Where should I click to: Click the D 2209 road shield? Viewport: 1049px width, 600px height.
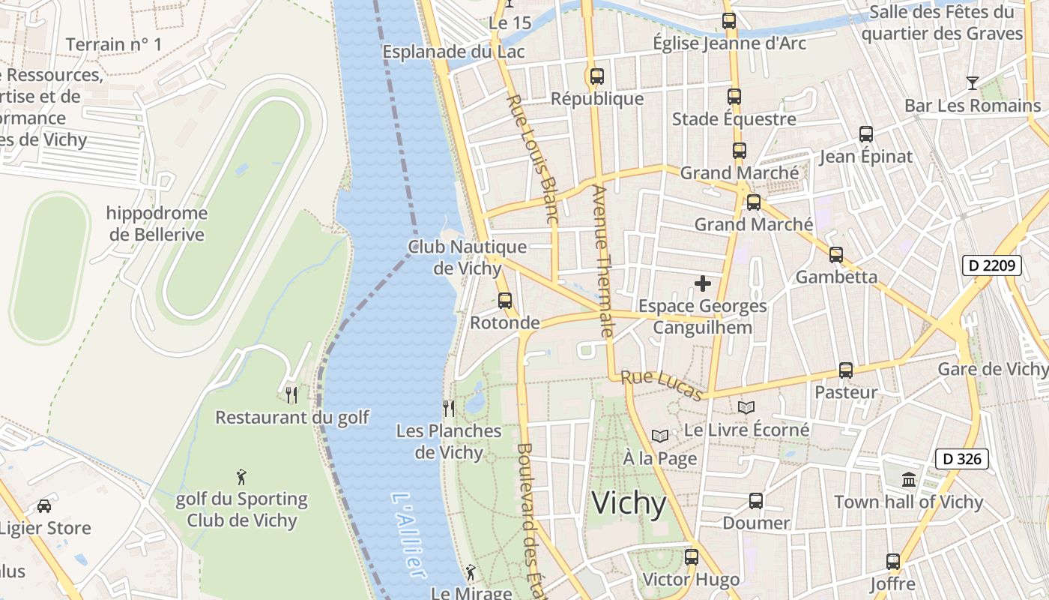pyautogui.click(x=992, y=265)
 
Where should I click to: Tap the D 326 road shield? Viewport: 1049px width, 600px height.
pyautogui.click(x=962, y=459)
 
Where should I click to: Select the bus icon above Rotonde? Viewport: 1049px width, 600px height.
pyautogui.click(x=505, y=301)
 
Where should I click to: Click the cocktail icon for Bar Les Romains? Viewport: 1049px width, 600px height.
pyautogui.click(x=973, y=82)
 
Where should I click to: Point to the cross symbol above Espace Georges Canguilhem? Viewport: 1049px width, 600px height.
pyautogui.click(x=703, y=283)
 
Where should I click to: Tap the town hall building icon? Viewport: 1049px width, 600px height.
pyautogui.click(x=909, y=479)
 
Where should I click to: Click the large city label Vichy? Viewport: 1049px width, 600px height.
pyautogui.click(x=629, y=502)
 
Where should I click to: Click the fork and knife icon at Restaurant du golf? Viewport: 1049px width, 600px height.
pyautogui.click(x=291, y=394)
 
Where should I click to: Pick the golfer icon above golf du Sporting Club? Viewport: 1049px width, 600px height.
pyautogui.click(x=241, y=477)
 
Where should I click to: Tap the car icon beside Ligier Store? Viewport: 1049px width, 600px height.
pyautogui.click(x=44, y=505)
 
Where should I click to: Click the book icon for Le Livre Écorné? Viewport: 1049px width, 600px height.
pyautogui.click(x=746, y=407)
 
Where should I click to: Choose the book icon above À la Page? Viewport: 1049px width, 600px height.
pyautogui.click(x=659, y=436)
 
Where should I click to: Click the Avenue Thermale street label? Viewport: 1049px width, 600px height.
pyautogui.click(x=602, y=260)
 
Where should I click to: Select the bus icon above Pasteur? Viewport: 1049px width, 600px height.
pyautogui.click(x=846, y=370)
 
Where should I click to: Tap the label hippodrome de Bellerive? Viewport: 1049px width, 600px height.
pyautogui.click(x=157, y=223)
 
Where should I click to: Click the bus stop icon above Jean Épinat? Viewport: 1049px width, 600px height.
pyautogui.click(x=866, y=134)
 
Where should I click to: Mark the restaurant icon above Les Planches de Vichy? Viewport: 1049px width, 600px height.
pyautogui.click(x=449, y=408)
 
